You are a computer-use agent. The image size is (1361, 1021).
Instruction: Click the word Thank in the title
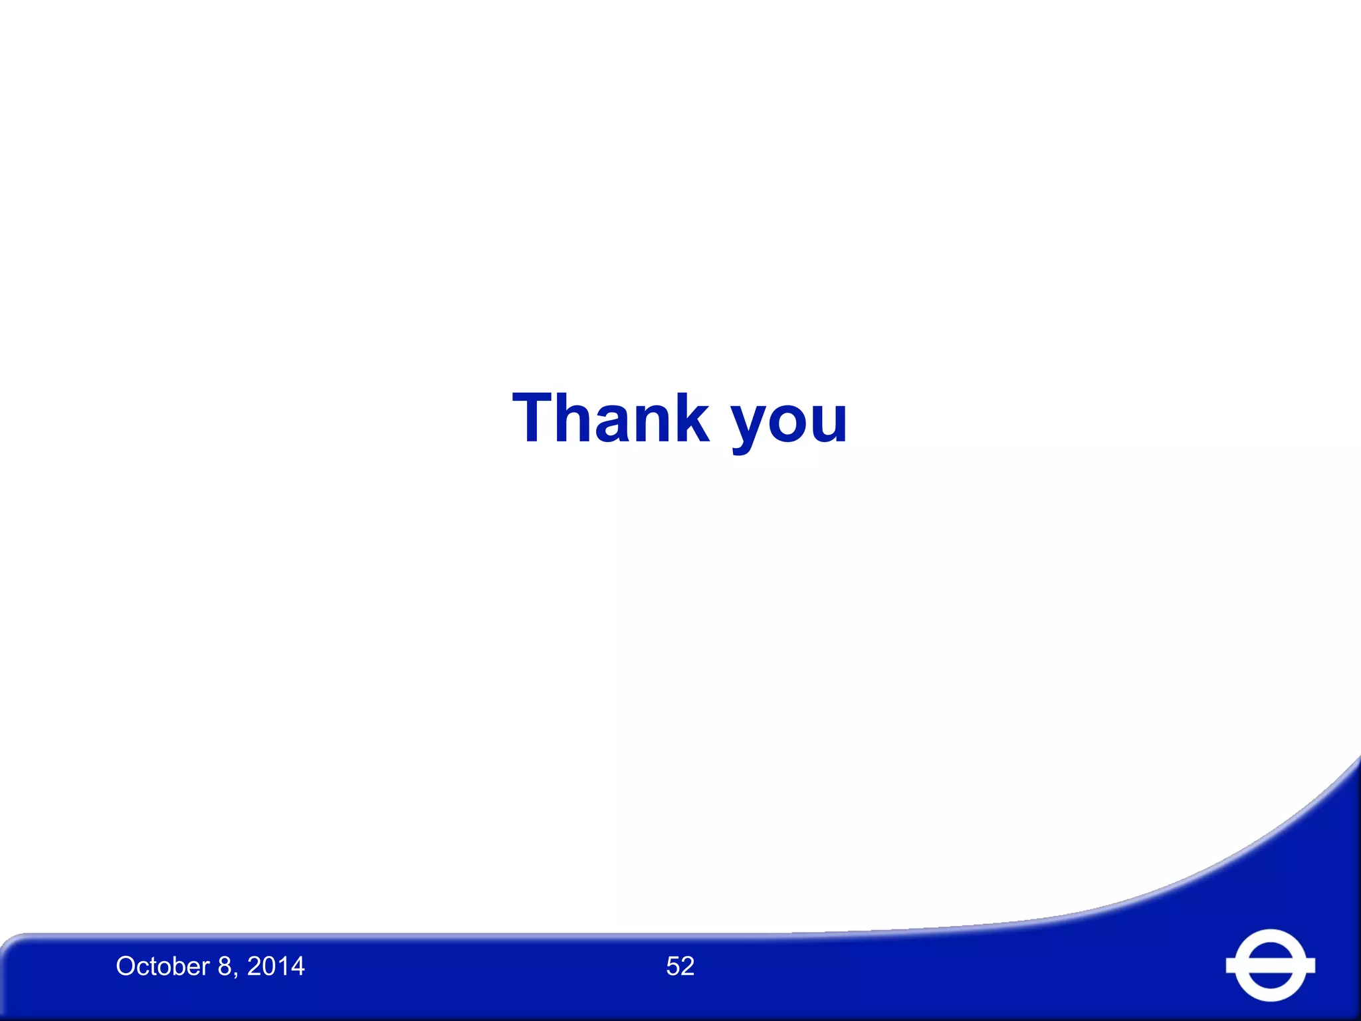tap(610, 418)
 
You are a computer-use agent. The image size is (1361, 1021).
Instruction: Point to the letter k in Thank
tap(688, 418)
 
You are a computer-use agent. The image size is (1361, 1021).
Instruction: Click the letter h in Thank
tap(579, 418)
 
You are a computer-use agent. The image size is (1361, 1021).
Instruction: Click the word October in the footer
tap(163, 966)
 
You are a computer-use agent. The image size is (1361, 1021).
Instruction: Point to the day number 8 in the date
tap(225, 966)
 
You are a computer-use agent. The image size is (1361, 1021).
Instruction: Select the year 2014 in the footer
tap(276, 966)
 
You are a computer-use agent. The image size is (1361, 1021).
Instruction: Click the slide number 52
tap(680, 966)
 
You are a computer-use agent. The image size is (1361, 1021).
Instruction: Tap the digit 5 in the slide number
tap(673, 966)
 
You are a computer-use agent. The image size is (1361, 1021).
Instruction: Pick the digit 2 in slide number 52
tap(688, 966)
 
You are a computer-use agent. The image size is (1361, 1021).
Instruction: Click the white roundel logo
tap(1270, 965)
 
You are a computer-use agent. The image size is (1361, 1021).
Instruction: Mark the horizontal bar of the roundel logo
tap(1270, 966)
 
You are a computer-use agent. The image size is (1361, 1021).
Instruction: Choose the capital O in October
tap(126, 966)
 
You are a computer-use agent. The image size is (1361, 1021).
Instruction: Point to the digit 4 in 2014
tap(297, 966)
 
